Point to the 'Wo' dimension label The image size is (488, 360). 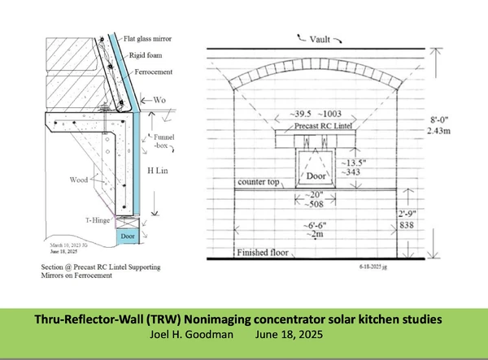coord(165,102)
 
